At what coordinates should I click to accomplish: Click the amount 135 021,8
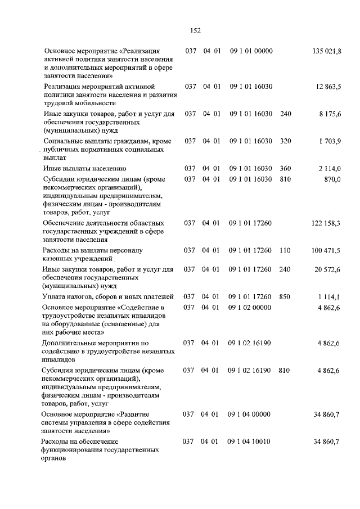click(x=326, y=51)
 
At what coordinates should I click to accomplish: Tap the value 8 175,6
click(x=330, y=114)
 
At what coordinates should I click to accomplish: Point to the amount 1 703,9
click(x=330, y=141)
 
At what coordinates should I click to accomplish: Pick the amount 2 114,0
click(x=330, y=168)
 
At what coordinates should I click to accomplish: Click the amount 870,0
click(x=333, y=179)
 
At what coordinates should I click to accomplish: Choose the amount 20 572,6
click(x=327, y=269)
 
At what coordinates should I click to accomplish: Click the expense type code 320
click(x=285, y=141)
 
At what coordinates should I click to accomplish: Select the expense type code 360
click(x=285, y=168)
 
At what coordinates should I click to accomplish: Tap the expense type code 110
click(x=285, y=250)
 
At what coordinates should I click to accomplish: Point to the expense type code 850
click(x=285, y=296)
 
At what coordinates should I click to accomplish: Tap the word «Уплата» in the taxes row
click(x=56, y=296)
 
